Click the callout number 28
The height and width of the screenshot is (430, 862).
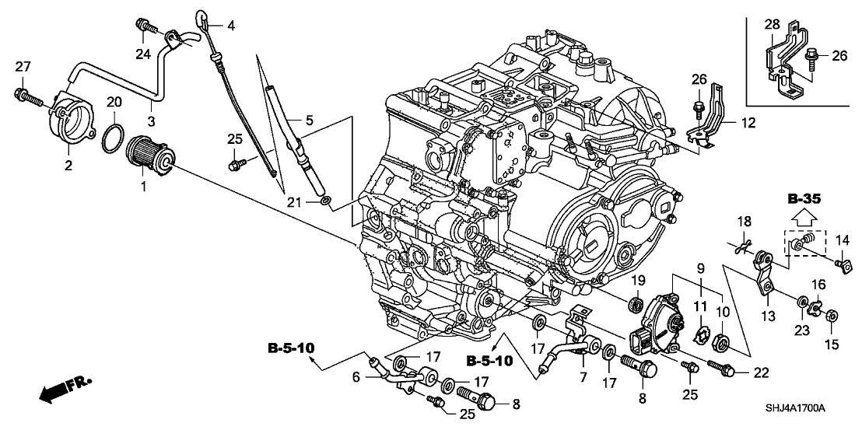(771, 26)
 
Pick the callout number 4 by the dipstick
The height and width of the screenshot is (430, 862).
(230, 26)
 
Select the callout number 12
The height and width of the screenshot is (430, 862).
(748, 122)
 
